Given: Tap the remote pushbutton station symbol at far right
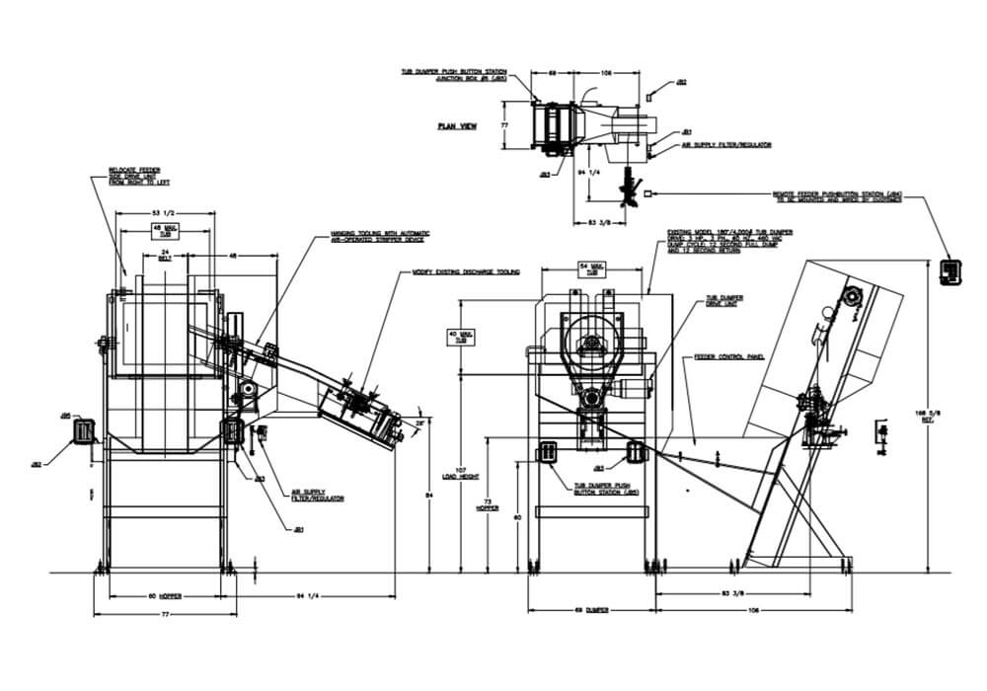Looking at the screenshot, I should (x=951, y=269).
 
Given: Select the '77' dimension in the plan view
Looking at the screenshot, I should (x=503, y=125).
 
